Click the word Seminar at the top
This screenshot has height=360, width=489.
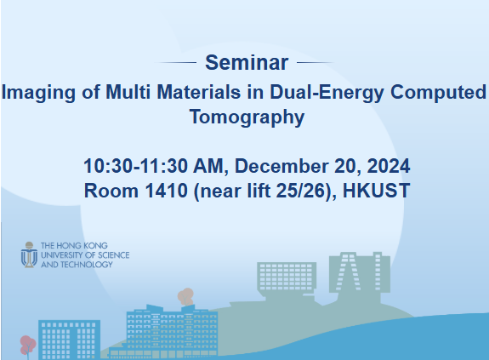coord(247,62)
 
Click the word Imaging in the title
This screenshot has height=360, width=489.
coord(33,92)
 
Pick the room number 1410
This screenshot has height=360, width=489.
coord(164,190)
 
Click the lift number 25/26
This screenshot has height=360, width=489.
coord(299,190)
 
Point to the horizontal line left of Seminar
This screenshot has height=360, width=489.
coord(176,63)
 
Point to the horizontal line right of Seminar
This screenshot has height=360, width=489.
coord(313,63)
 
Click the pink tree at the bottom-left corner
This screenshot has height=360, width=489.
coord(27,345)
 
